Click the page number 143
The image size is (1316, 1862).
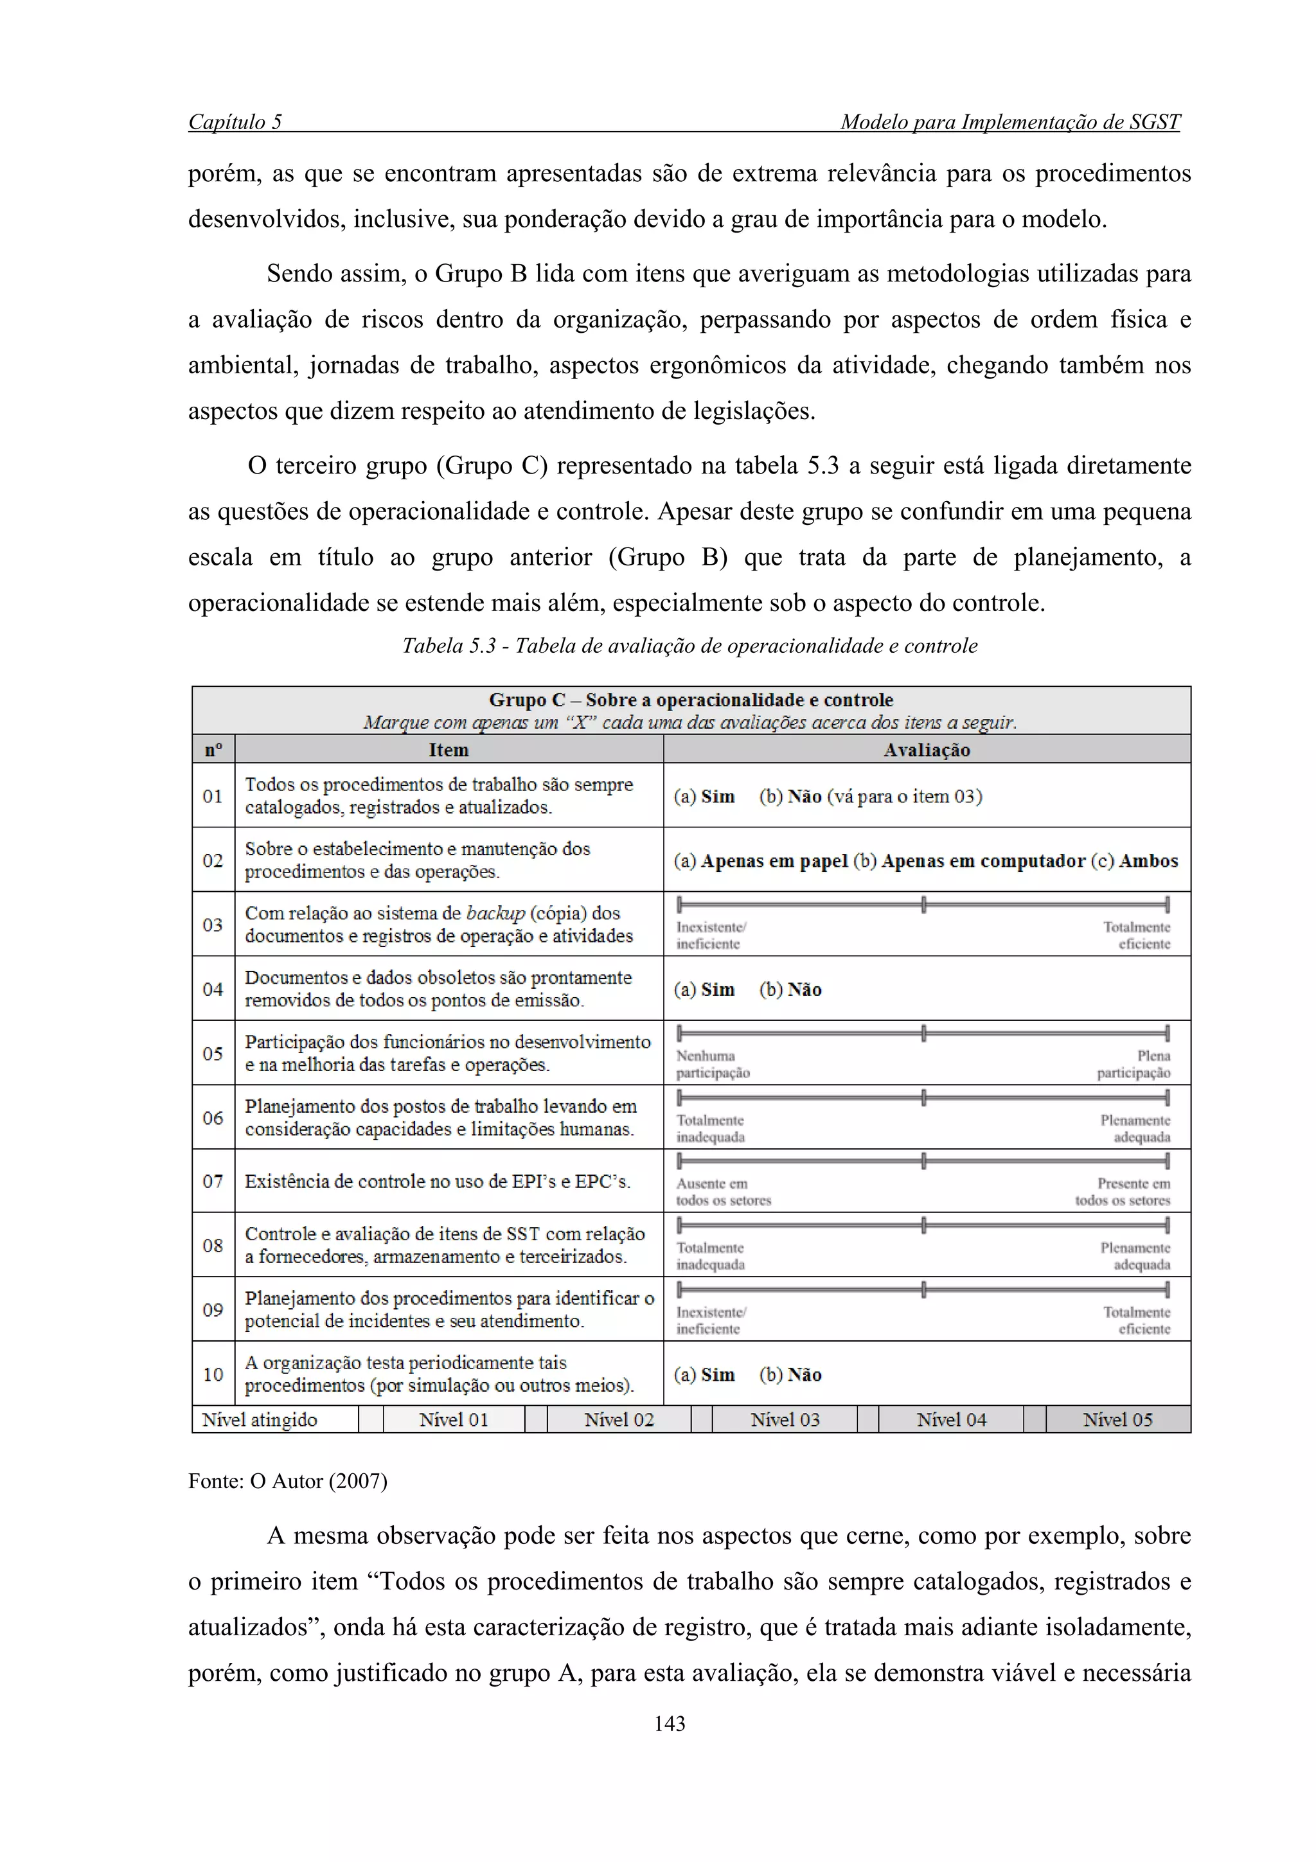pyautogui.click(x=670, y=1723)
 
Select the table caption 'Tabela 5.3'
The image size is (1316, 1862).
pyautogui.click(x=690, y=646)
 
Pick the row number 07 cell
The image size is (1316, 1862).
pyautogui.click(x=213, y=1181)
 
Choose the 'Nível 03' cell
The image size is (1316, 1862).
pyautogui.click(x=784, y=1419)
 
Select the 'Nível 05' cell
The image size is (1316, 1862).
pyautogui.click(x=1117, y=1419)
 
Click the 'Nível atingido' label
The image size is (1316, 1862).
pyautogui.click(x=260, y=1419)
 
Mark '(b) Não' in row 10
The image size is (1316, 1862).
pyautogui.click(x=790, y=1374)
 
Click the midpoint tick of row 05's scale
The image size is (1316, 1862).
pyautogui.click(x=923, y=1033)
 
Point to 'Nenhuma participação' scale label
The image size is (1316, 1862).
pyautogui.click(x=713, y=1064)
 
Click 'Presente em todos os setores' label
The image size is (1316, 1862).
pyautogui.click(x=1123, y=1192)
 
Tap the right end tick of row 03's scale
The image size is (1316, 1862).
pyautogui.click(x=1167, y=904)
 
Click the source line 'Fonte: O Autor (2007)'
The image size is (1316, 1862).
pyautogui.click(x=288, y=1481)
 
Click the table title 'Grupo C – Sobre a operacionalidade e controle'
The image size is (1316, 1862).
pyautogui.click(x=691, y=700)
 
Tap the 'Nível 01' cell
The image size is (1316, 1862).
pyautogui.click(x=453, y=1419)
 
